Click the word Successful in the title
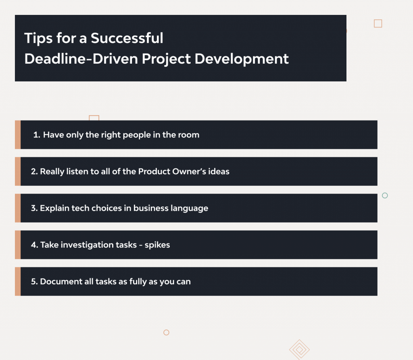point(127,38)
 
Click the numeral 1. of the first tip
point(37,135)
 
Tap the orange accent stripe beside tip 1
point(18,135)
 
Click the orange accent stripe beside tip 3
point(18,208)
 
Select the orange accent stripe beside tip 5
point(18,281)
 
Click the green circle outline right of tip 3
point(385,196)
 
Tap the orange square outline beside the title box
point(378,23)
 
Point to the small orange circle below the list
point(166,333)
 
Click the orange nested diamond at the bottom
point(299,349)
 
